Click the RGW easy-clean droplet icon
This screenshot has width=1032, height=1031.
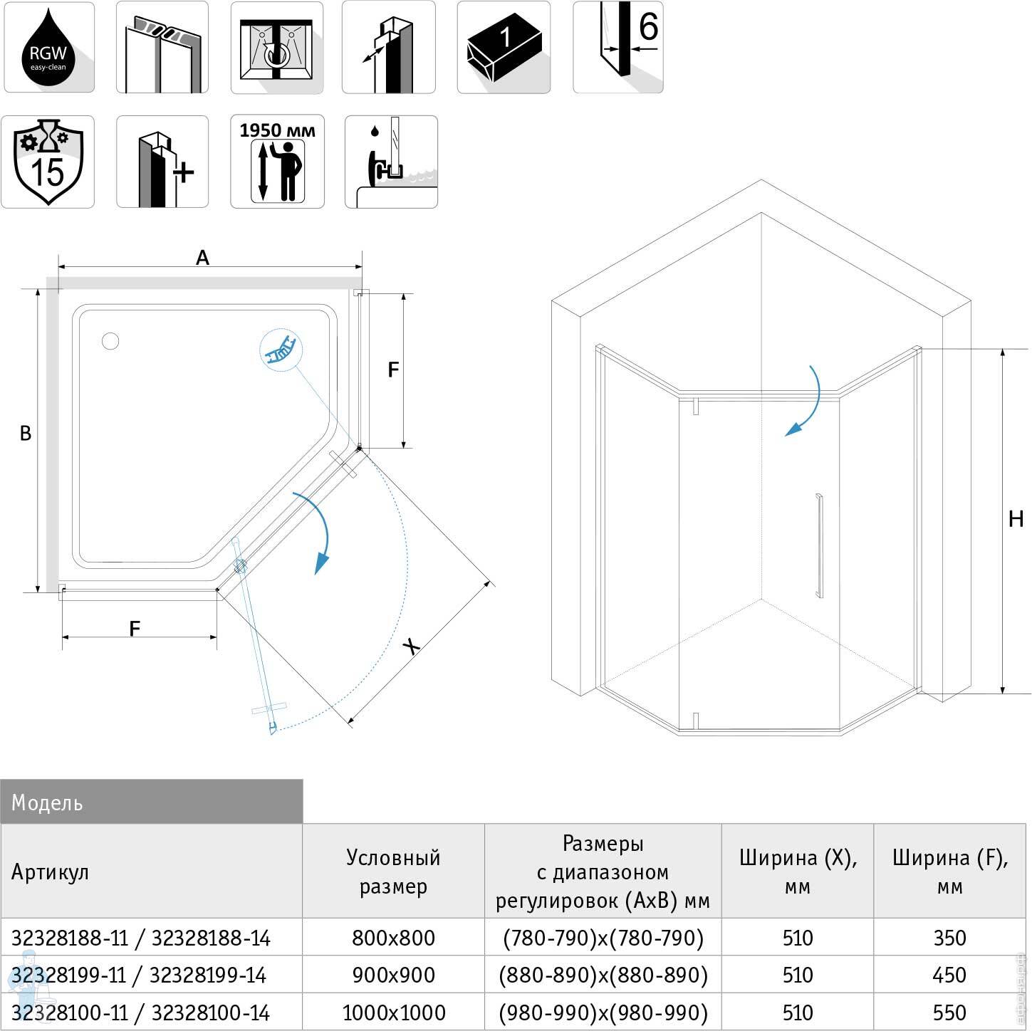[x=48, y=48]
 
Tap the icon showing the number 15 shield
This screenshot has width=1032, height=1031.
[x=48, y=162]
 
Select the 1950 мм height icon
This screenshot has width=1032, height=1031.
[x=277, y=162]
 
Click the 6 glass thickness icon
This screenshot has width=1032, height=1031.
[x=618, y=48]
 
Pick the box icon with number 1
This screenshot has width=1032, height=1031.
[x=504, y=48]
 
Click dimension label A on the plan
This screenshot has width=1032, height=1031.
[x=203, y=258]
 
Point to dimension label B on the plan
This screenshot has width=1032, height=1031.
[x=26, y=433]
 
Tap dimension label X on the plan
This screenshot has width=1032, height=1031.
[x=411, y=646]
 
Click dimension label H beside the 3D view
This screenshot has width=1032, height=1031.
[x=1016, y=519]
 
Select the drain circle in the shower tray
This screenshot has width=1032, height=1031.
[x=110, y=341]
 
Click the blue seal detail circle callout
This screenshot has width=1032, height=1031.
[x=281, y=350]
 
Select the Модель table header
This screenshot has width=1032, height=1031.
[x=151, y=802]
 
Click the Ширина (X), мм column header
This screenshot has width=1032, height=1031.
[x=798, y=871]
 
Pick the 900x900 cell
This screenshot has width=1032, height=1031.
[x=393, y=975]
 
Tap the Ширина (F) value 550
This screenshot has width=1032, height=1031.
[x=949, y=1012]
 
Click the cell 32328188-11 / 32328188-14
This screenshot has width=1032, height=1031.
[x=141, y=938]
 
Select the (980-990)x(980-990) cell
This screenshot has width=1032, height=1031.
[x=603, y=1012]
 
